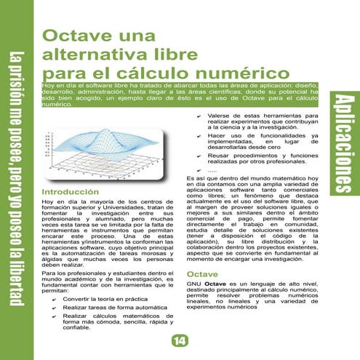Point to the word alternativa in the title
(89, 55)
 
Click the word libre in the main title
(166, 55)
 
